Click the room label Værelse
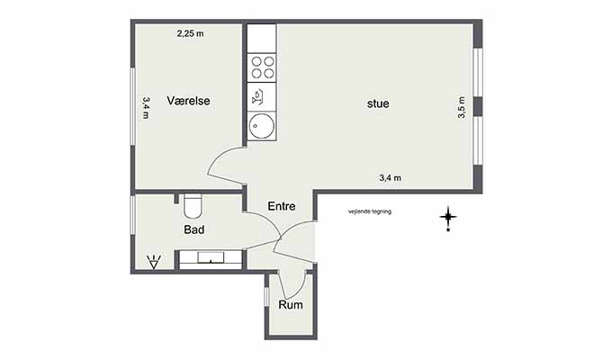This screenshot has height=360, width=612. pos(188,101)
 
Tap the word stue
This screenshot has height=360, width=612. pos(378,103)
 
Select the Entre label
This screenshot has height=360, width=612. pos(282,206)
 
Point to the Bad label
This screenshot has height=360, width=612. pos(194,229)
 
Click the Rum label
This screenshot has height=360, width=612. pos(291,304)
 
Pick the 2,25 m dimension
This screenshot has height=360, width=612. pos(191,33)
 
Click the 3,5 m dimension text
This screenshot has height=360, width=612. pos(462,107)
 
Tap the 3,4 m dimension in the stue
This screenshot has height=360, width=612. pos(391,178)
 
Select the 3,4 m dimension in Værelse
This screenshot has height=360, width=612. pos(146,108)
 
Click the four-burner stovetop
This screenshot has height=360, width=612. pos(262,67)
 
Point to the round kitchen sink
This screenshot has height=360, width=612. pos(262,126)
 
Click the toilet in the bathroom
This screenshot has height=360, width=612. pos(192,206)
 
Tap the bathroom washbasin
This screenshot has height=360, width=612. pos(211,258)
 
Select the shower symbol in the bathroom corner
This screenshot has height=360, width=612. pos(154,262)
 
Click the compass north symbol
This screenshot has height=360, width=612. pos(448,218)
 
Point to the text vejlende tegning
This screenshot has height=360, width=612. pos(370,211)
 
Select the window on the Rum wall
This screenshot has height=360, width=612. pos(265,297)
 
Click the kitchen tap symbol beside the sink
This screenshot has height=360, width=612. pos(258,97)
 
